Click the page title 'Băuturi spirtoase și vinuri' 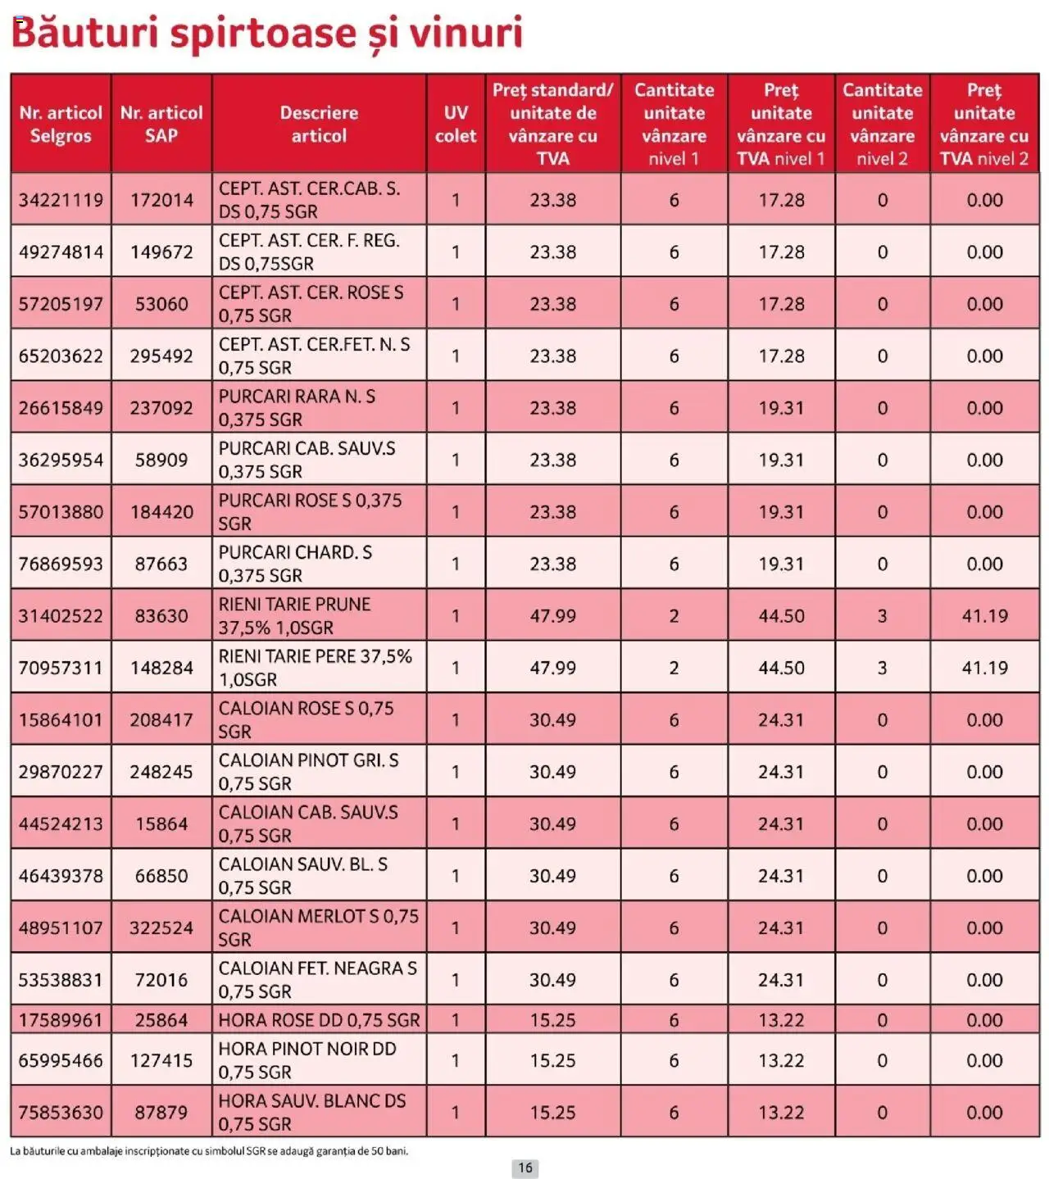click(x=266, y=34)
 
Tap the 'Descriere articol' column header click(x=319, y=125)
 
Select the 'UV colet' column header click(x=456, y=125)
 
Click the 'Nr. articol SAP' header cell click(x=161, y=125)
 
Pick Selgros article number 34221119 click(x=61, y=200)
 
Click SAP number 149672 click(x=161, y=252)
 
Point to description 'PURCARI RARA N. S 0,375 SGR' click(x=297, y=408)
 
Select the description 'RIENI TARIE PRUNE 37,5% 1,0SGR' click(x=295, y=616)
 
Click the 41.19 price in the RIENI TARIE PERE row click(x=984, y=668)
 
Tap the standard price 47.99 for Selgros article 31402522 click(x=552, y=616)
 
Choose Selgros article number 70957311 click(x=61, y=668)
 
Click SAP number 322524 click(x=161, y=928)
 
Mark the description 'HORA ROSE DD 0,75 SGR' click(x=319, y=1021)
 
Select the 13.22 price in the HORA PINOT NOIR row click(x=781, y=1061)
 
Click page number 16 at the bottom click(x=524, y=1168)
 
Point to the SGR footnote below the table click(x=209, y=1151)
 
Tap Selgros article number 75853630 click(x=61, y=1113)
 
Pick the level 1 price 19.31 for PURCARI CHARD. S click(x=781, y=565)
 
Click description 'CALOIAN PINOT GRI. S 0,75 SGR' click(x=308, y=772)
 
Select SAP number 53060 click(x=161, y=304)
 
